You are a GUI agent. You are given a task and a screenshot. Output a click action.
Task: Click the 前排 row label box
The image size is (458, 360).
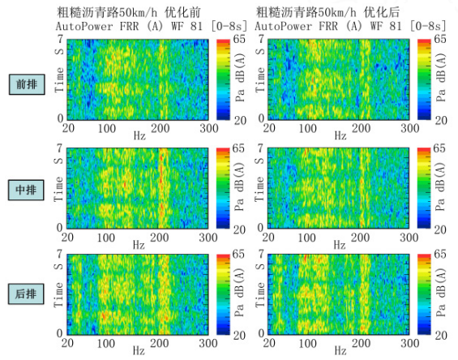pyautogui.click(x=27, y=84)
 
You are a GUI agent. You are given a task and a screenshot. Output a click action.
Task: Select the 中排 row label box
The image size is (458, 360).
pyautogui.click(x=26, y=190)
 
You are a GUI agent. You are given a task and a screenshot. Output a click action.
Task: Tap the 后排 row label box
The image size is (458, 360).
pyautogui.click(x=26, y=294)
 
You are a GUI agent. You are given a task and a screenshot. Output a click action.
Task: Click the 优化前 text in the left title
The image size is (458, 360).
pyautogui.click(x=182, y=12)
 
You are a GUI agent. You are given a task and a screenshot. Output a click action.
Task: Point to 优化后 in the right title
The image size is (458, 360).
pyautogui.click(x=382, y=12)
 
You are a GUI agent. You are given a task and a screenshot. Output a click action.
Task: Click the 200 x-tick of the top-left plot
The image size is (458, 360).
pyautogui.click(x=160, y=128)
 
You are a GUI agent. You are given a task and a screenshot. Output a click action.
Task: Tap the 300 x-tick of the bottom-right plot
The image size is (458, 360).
pyautogui.click(x=409, y=343)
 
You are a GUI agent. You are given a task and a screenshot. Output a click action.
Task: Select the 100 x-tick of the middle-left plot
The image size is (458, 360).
pyautogui.click(x=105, y=238)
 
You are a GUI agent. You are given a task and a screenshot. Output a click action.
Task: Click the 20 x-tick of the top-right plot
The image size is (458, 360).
pyautogui.click(x=269, y=128)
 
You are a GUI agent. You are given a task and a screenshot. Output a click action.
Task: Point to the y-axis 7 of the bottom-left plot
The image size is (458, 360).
pyautogui.click(x=60, y=254)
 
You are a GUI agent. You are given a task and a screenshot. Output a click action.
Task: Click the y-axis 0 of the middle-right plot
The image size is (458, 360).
pyautogui.click(x=260, y=227)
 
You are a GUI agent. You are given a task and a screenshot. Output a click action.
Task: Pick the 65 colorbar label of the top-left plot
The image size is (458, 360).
pyautogui.click(x=239, y=39)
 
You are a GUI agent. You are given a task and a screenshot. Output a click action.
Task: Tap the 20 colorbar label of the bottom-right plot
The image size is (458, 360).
pyautogui.click(x=441, y=335)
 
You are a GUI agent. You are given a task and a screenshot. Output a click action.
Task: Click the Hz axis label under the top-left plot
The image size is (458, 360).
pyautogui.click(x=139, y=136)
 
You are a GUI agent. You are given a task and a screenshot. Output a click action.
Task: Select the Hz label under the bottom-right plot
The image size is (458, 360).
pyautogui.click(x=340, y=350)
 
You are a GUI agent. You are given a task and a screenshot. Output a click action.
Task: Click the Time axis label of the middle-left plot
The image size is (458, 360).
pyautogui.click(x=58, y=189)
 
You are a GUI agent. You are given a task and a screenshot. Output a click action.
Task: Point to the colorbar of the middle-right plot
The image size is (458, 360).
pyautogui.click(x=424, y=188)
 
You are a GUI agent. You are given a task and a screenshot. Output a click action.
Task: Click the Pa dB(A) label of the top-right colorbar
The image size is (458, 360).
pyautogui.click(x=441, y=78)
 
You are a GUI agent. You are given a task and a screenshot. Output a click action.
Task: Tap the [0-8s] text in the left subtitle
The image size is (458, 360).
pyautogui.click(x=229, y=26)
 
